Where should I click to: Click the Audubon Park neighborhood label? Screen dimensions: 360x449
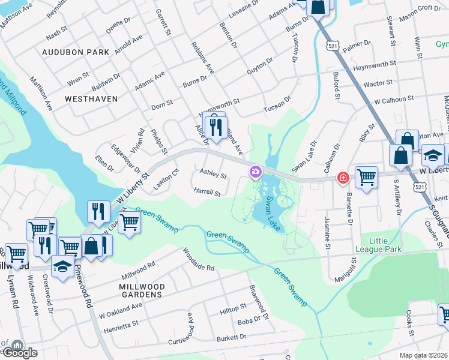pos(76,52)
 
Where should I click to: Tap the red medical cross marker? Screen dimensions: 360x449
pos(343,178)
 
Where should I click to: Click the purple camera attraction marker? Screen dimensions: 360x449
pos(256,173)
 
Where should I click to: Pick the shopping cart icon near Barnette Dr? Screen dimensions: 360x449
pos(366,177)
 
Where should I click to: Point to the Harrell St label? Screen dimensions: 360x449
pos(207,194)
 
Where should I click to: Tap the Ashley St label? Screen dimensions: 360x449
pos(213,176)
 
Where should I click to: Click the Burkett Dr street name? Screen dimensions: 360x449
pos(231,338)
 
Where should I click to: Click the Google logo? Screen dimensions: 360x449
pos(19,352)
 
